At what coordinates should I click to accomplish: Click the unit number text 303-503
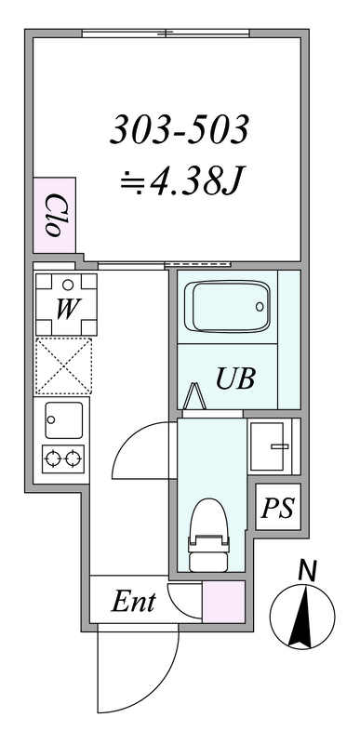(180, 130)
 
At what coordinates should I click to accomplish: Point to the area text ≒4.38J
(180, 182)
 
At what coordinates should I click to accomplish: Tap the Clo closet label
(54, 215)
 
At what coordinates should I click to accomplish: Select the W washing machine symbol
(66, 305)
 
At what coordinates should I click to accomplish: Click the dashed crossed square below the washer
(63, 365)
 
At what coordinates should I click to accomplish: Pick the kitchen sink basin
(63, 420)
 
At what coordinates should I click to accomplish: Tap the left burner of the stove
(52, 458)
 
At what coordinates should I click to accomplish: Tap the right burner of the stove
(73, 458)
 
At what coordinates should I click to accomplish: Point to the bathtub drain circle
(260, 307)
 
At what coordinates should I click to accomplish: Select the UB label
(235, 379)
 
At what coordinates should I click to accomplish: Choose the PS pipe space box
(278, 507)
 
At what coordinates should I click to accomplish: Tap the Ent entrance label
(133, 602)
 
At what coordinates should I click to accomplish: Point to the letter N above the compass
(307, 571)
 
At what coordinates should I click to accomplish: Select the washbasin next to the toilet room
(272, 446)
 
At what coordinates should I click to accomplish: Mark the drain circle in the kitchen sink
(51, 419)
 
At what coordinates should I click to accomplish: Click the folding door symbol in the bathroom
(195, 396)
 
